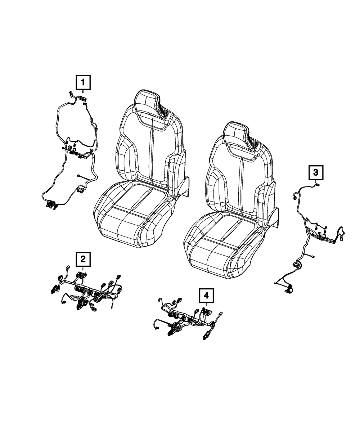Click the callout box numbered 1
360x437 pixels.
point(83,82)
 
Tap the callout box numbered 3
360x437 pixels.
point(315,173)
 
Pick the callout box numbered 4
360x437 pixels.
point(206,296)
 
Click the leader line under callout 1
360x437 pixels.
point(83,93)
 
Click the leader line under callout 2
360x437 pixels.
point(83,269)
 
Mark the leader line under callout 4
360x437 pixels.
point(206,306)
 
